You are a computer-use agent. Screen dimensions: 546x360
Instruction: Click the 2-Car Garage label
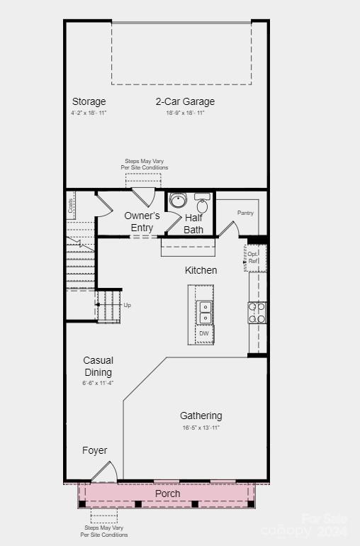(x=185, y=101)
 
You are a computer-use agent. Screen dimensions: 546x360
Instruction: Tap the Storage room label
(x=89, y=101)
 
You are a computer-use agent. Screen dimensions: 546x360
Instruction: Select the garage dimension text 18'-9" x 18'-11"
(x=185, y=113)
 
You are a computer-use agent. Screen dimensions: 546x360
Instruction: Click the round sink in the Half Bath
(x=178, y=201)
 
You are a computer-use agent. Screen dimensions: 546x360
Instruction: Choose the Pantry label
(x=245, y=213)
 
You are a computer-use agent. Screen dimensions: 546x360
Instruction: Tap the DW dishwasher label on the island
(x=204, y=333)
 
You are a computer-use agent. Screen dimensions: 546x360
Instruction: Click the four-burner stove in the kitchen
(x=257, y=313)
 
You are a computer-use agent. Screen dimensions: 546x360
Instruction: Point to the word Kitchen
(x=201, y=270)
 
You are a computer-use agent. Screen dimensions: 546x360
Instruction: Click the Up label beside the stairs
(x=128, y=305)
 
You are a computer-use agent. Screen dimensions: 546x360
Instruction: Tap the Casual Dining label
(x=98, y=366)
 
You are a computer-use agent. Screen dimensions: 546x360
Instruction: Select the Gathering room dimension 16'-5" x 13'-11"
(x=201, y=428)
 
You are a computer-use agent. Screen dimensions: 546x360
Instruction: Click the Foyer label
(x=95, y=450)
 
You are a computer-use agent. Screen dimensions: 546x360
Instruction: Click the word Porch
(x=167, y=494)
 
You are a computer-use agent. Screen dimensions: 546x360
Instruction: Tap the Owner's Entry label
(x=142, y=221)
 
